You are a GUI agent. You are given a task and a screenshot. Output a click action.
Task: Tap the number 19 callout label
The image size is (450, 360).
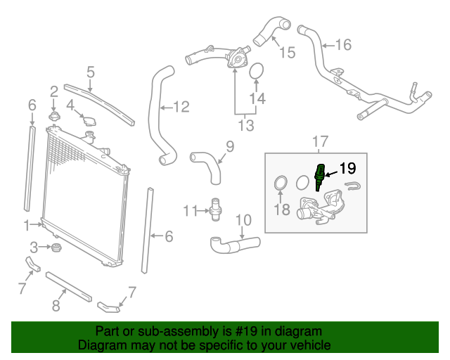348,169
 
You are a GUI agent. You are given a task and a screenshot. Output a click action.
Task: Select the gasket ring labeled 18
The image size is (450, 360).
280,184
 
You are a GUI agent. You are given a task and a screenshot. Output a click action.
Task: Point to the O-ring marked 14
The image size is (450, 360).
257,71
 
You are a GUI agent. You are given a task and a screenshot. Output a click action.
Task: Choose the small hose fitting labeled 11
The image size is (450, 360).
217,209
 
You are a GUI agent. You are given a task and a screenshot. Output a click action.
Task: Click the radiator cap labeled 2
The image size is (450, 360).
54,115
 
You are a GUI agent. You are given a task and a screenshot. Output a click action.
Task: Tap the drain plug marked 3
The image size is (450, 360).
54,247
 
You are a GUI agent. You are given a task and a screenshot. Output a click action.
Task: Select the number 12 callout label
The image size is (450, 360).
181,107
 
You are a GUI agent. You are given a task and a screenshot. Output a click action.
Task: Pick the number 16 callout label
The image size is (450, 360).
342,46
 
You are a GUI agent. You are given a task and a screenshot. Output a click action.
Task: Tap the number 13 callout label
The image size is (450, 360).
245,126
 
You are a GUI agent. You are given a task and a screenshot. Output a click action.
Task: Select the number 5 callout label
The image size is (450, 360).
91,71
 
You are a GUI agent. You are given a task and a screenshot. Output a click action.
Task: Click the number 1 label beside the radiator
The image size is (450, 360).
27,226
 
